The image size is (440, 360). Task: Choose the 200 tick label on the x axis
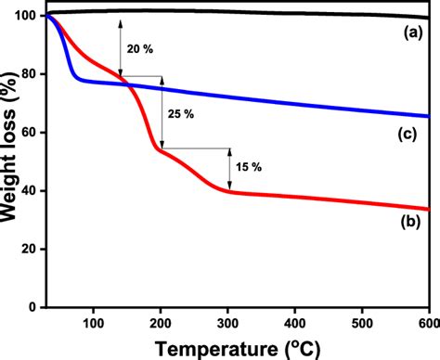(x=161, y=321)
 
